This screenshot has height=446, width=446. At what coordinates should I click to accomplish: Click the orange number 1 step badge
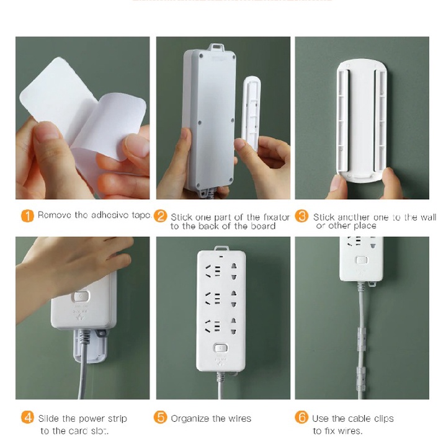point(27,216)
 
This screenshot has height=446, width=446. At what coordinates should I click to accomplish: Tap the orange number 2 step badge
point(161,216)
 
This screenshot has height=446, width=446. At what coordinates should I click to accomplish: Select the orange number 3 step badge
point(301,216)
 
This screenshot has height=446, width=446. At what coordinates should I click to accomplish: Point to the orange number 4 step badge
point(27,417)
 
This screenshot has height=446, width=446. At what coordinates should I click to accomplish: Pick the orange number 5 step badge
point(161,417)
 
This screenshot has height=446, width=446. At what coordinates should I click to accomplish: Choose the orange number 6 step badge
point(301,417)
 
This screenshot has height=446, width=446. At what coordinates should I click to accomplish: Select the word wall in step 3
point(428,217)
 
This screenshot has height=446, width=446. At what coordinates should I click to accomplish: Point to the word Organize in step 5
point(190,419)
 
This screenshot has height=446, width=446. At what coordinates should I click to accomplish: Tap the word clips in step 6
point(384,419)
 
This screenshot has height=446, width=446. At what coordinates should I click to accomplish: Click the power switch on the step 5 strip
point(221,348)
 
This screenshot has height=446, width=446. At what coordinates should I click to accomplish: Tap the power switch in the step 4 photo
point(82,297)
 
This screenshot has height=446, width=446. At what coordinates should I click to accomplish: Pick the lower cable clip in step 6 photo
point(361,375)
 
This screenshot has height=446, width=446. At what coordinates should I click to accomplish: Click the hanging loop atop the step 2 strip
point(217,47)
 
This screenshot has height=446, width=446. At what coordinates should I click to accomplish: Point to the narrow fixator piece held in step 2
point(251,113)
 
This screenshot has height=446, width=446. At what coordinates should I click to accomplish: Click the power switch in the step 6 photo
point(361,260)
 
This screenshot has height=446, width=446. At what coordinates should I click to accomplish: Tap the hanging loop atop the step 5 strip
point(221,248)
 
